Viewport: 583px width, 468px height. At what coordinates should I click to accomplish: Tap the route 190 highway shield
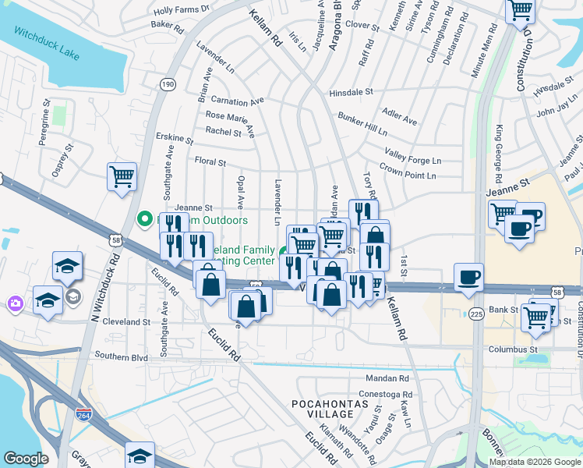tap(168, 84)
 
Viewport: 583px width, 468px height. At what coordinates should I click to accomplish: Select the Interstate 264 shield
tap(83, 415)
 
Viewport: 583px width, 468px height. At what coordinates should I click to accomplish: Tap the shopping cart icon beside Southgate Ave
tap(122, 176)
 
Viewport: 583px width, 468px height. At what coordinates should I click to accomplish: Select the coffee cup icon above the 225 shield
tap(469, 278)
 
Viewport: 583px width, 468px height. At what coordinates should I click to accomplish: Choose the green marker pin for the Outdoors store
tap(144, 220)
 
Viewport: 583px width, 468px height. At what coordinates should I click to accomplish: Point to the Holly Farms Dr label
tap(182, 11)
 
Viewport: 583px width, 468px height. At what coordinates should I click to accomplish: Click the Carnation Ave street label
tap(237, 101)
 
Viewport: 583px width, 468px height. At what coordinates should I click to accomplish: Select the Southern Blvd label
tap(121, 356)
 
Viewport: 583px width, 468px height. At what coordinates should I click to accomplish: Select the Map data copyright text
tap(535, 461)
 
